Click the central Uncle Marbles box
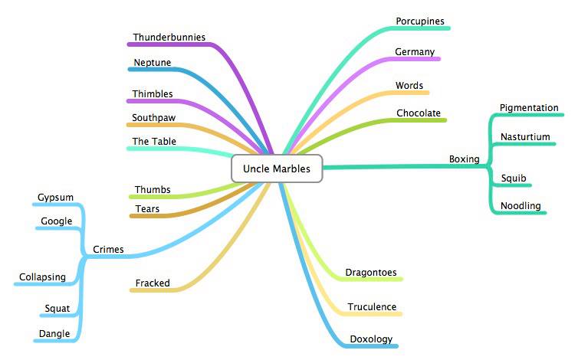(x=277, y=169)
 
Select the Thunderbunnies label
(x=169, y=38)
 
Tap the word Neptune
(x=153, y=63)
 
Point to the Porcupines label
(x=420, y=21)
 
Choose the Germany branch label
(x=415, y=52)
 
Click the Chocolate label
(x=419, y=113)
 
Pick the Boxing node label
(x=464, y=159)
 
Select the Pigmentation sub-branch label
(x=529, y=108)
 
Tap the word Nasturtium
(x=525, y=137)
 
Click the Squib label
(x=514, y=178)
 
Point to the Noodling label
(x=521, y=206)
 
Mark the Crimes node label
(x=108, y=250)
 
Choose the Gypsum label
(x=55, y=198)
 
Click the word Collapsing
(x=42, y=277)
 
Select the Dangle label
(x=54, y=334)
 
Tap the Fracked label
(x=153, y=283)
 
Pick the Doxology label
(x=371, y=339)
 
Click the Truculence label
(x=372, y=307)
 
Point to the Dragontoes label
(x=371, y=273)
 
